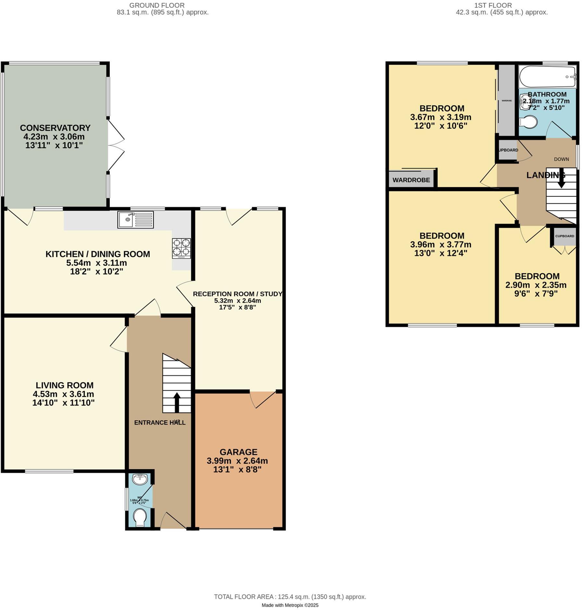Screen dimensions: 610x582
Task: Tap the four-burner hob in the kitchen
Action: (x=181, y=248)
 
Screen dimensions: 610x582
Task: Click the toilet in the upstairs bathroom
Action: (x=528, y=122)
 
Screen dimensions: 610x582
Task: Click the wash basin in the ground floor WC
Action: (x=140, y=479)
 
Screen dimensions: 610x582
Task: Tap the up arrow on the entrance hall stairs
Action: (x=177, y=402)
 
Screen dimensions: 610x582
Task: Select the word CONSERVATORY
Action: (x=55, y=128)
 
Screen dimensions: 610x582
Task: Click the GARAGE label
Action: (x=238, y=452)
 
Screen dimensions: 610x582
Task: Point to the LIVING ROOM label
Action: (x=65, y=385)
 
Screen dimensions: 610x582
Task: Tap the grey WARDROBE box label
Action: (x=411, y=180)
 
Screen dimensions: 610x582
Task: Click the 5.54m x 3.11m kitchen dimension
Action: (x=96, y=262)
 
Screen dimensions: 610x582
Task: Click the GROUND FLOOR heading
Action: (x=157, y=5)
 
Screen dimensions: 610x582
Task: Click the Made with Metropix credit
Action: (x=290, y=605)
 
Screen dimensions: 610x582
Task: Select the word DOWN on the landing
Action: (x=561, y=159)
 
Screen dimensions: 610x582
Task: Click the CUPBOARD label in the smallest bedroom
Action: (x=564, y=236)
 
